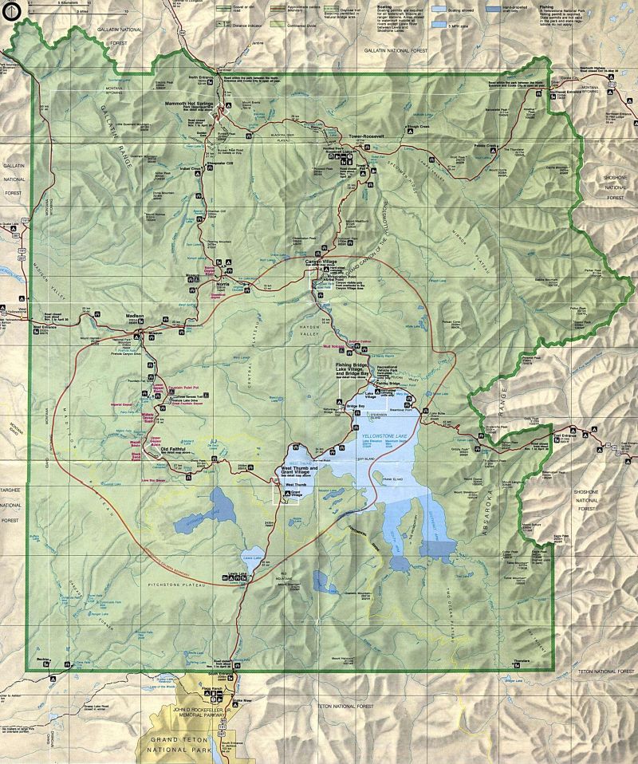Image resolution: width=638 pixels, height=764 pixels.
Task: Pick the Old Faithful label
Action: pos(176,450)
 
